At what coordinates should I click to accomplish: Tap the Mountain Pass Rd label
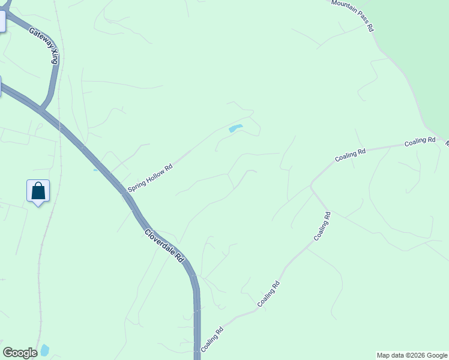coord(353,15)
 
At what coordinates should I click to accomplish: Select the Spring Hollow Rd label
coord(150,175)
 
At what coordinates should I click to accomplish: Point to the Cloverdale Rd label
coord(163,247)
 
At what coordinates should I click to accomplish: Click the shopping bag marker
coord(38,191)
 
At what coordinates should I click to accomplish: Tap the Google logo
coord(20,353)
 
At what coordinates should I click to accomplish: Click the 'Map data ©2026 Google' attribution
coord(412,355)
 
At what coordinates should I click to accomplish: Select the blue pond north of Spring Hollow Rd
coord(235,128)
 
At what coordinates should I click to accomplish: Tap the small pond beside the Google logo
coord(44,350)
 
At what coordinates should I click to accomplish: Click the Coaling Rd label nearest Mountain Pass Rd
coord(420,142)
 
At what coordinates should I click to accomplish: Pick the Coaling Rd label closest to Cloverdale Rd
coord(212,338)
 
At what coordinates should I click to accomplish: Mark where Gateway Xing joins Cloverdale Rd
coord(41,110)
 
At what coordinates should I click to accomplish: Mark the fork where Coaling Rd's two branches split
coord(311,187)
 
